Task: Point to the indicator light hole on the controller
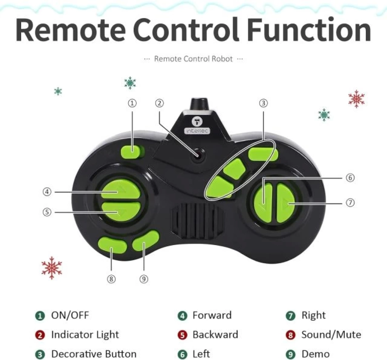pyautogui.click(x=198, y=155)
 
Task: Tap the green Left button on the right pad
pyautogui.click(x=263, y=202)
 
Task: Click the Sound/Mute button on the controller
pyautogui.click(x=112, y=244)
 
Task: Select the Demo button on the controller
pyautogui.click(x=146, y=241)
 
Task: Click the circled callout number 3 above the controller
pyautogui.click(x=263, y=103)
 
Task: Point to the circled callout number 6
pyautogui.click(x=350, y=178)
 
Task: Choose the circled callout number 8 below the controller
pyautogui.click(x=111, y=279)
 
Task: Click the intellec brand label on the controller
pyautogui.click(x=197, y=131)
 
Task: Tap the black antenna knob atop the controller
pyautogui.click(x=199, y=105)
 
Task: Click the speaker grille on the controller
pyautogui.click(x=197, y=221)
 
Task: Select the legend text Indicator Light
pyautogui.click(x=85, y=335)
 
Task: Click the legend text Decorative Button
pyautogui.click(x=94, y=354)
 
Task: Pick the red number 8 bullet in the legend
pyautogui.click(x=290, y=335)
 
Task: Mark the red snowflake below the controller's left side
pyautogui.click(x=52, y=268)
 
